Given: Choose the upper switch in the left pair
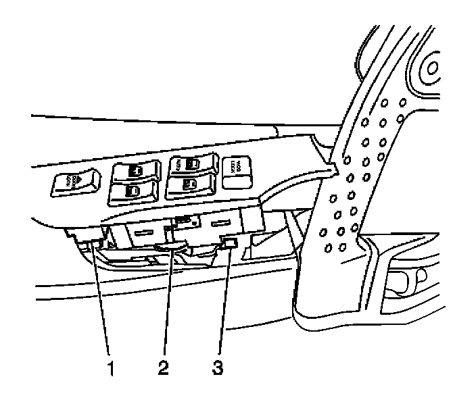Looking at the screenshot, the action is tap(134, 172).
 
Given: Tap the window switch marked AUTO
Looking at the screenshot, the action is tap(191, 163).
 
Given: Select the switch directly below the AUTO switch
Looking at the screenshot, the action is tap(190, 183).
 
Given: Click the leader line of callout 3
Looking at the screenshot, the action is tap(224, 304).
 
